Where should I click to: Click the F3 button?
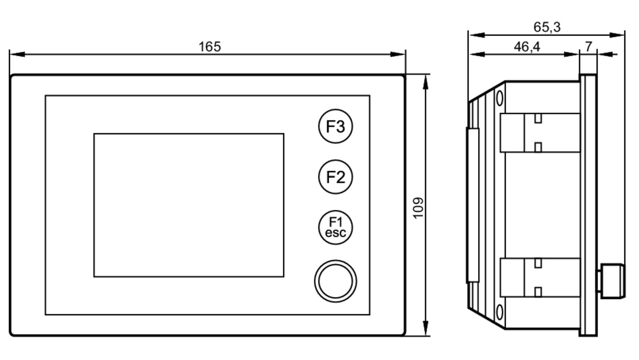(x=335, y=126)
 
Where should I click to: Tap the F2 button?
(x=335, y=177)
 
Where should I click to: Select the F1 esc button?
(x=335, y=227)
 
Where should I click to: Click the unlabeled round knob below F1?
(x=335, y=281)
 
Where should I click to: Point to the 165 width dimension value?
(x=210, y=47)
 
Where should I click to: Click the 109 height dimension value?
(x=418, y=208)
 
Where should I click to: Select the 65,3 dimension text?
(x=547, y=27)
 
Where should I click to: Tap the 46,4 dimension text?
(x=527, y=47)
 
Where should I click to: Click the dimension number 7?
(x=589, y=47)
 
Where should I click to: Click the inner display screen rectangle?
(x=189, y=205)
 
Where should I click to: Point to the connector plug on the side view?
(x=612, y=281)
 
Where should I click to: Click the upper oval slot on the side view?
(x=499, y=98)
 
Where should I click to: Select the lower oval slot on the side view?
(x=499, y=312)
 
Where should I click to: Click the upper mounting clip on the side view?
(x=540, y=133)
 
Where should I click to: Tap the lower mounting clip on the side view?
(x=540, y=277)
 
